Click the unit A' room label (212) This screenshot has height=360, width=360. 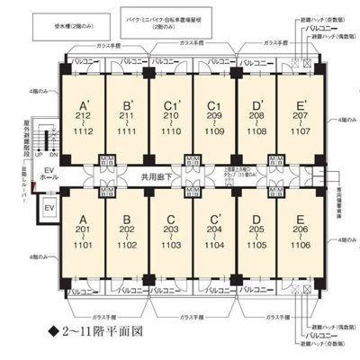click(82, 114)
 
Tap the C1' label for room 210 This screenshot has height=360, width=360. click(168, 114)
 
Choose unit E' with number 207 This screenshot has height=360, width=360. click(298, 114)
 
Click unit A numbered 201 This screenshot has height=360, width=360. click(82, 229)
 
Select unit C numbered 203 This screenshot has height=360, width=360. click(168, 229)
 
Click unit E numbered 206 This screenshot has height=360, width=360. click(298, 229)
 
